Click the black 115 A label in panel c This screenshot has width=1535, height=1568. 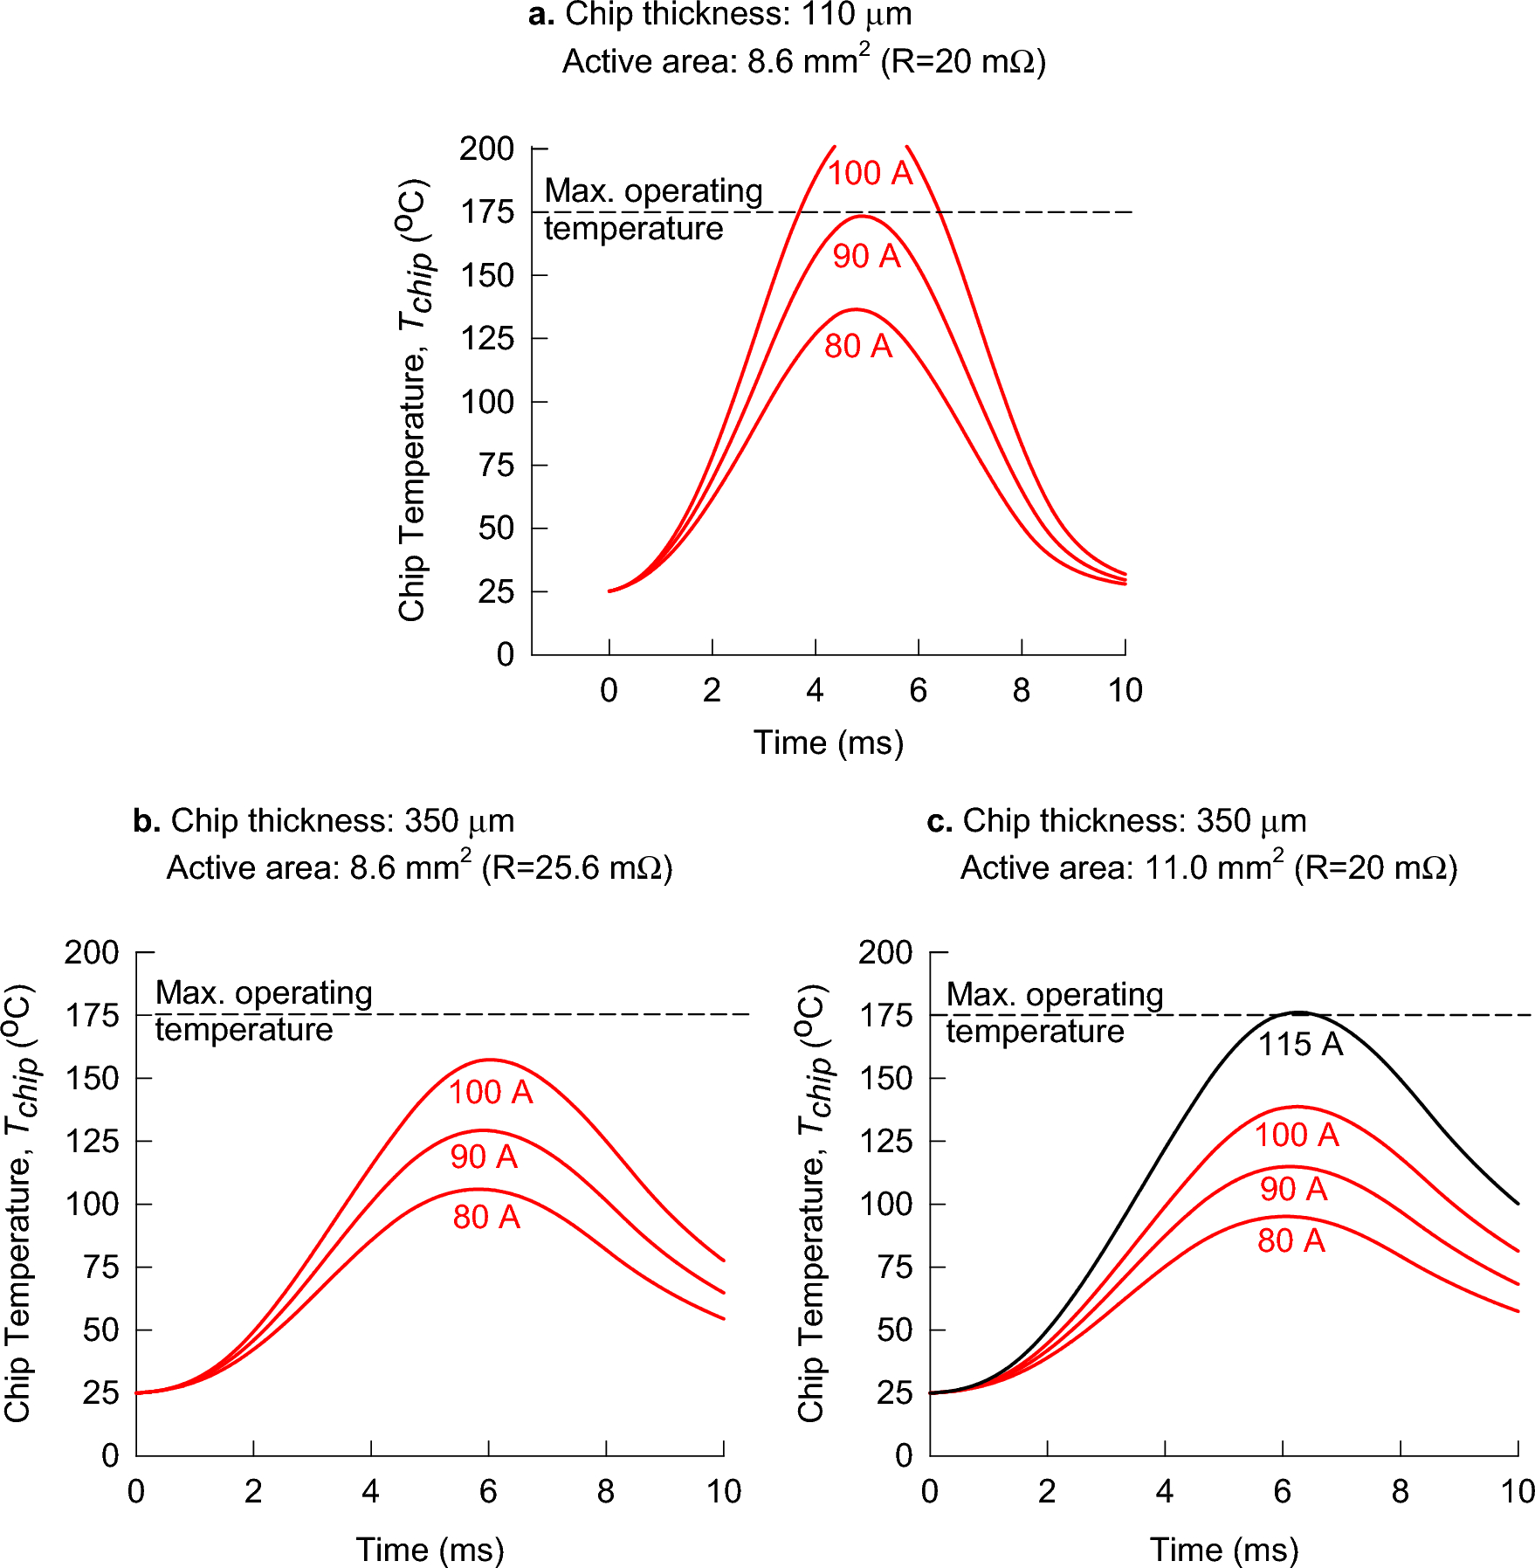tap(1299, 1044)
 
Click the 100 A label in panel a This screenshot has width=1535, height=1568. tap(870, 173)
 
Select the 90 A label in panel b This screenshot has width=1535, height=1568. tap(484, 1157)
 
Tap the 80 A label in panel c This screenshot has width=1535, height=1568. tap(1291, 1240)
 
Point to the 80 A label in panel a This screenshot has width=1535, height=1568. tap(858, 346)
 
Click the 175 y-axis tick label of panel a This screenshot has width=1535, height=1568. tap(487, 212)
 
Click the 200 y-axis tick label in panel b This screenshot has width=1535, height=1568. tap(92, 952)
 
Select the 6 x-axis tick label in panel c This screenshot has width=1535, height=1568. tap(1282, 1491)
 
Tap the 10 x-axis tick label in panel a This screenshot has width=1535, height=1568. tap(1125, 691)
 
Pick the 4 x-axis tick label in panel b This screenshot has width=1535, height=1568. tap(370, 1491)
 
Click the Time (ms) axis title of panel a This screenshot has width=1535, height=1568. tap(828, 743)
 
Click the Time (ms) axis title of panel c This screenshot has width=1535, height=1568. tap(1224, 1550)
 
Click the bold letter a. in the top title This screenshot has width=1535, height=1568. tap(541, 15)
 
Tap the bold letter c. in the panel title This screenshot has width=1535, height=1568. tap(939, 821)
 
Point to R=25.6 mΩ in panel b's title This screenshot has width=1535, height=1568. tap(576, 868)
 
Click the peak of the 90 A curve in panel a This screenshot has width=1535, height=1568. tap(861, 216)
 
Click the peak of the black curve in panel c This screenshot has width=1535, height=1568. tap(1299, 1012)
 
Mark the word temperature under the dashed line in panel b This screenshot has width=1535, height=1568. tap(244, 1030)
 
